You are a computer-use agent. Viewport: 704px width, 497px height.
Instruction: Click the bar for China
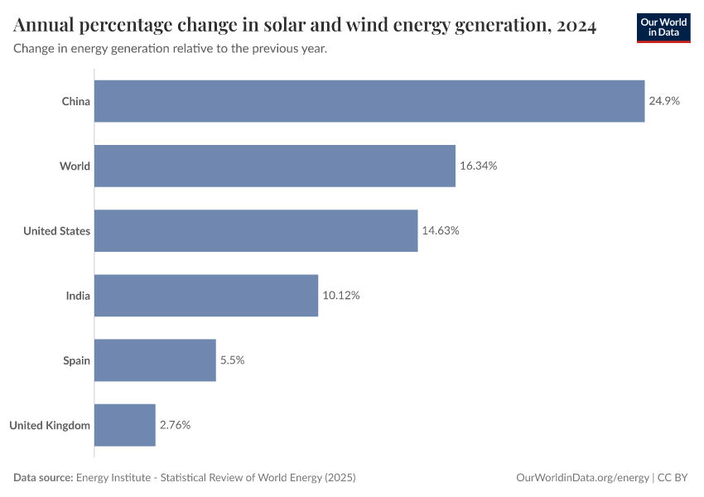pyautogui.click(x=369, y=101)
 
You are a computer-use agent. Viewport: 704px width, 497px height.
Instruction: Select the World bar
pyautogui.click(x=275, y=166)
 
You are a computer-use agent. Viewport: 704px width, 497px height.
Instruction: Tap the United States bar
pyautogui.click(x=256, y=230)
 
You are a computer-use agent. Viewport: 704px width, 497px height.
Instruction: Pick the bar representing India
pyautogui.click(x=206, y=295)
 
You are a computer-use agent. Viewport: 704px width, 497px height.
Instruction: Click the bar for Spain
pyautogui.click(x=155, y=359)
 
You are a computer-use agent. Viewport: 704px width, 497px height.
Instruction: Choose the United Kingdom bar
pyautogui.click(x=125, y=425)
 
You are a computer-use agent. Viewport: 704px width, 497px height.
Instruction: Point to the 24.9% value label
pyautogui.click(x=664, y=101)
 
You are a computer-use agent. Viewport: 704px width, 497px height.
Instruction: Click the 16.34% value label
pyautogui.click(x=478, y=166)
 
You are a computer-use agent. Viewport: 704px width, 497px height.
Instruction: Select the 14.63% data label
pyautogui.click(x=441, y=230)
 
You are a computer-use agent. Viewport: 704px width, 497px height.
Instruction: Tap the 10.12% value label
pyautogui.click(x=341, y=295)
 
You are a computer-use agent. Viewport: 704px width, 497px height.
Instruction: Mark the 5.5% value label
pyautogui.click(x=232, y=359)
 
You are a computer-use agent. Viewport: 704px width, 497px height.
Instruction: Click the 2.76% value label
pyautogui.click(x=176, y=425)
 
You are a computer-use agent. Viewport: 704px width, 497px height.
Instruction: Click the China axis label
pyautogui.click(x=75, y=101)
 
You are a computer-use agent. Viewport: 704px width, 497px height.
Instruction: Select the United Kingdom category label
pyautogui.click(x=50, y=425)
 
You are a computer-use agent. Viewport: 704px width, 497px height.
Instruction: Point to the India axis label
pyautogui.click(x=78, y=295)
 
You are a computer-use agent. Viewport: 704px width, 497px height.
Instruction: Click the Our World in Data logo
pyautogui.click(x=663, y=27)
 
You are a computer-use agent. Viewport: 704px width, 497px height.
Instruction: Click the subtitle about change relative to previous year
pyautogui.click(x=170, y=49)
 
